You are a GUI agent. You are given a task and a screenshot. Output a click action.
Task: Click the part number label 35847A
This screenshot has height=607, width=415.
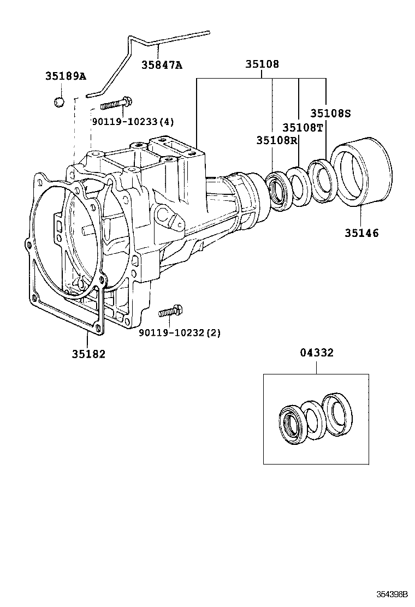[162, 65]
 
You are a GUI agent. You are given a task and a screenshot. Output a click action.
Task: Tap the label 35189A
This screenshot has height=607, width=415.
[66, 76]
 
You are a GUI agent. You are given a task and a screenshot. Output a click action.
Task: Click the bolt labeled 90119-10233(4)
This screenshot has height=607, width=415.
[114, 103]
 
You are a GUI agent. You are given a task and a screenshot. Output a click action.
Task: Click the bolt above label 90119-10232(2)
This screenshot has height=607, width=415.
[170, 312]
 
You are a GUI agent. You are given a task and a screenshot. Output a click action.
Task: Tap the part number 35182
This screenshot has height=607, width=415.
[88, 354]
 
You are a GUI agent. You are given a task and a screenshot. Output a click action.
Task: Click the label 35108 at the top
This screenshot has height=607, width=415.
[262, 64]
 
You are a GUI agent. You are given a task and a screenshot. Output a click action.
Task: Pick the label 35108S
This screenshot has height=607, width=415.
[330, 114]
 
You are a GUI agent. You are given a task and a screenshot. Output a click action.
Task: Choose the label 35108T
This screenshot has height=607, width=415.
[303, 127]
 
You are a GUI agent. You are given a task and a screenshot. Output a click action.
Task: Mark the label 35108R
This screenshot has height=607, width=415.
[276, 140]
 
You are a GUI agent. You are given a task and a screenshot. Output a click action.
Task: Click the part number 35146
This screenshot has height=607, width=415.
[361, 233]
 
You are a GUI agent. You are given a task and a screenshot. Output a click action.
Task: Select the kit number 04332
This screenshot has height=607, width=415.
[316, 353]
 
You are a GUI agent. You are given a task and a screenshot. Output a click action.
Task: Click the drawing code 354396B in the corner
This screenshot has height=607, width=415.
[391, 594]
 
